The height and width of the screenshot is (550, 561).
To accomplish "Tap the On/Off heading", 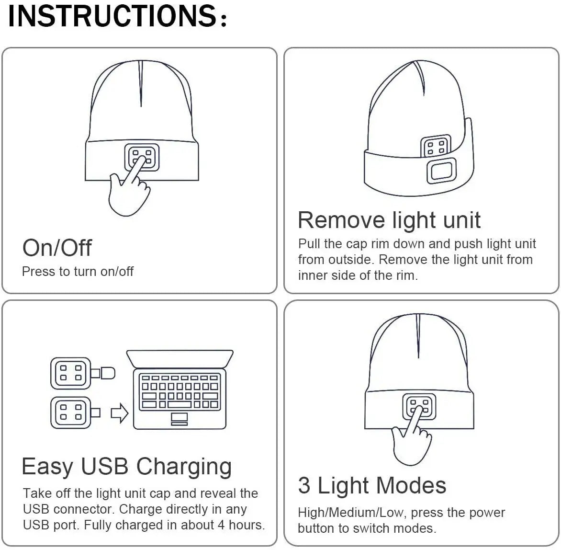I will (x=57, y=248).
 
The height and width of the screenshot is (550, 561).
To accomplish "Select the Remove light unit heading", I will (x=389, y=220).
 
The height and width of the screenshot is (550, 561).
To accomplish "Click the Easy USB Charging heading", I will (x=126, y=466).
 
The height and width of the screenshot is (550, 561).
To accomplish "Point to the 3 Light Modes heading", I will (x=372, y=485).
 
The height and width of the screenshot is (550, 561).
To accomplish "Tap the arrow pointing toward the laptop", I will (x=120, y=413).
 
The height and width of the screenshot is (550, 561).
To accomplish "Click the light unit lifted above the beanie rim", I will (x=436, y=146).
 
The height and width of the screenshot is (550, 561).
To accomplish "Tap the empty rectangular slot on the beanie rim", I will (x=442, y=171).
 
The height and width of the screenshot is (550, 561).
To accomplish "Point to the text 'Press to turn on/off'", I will (x=78, y=272).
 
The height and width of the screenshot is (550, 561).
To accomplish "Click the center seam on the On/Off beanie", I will (x=141, y=84).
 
